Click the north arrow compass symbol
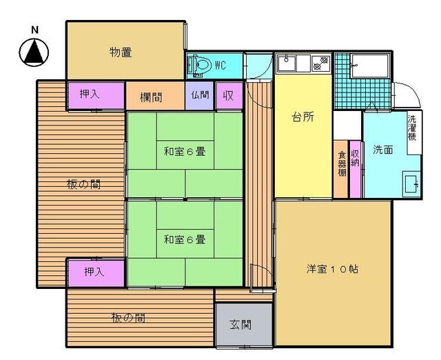[x=34, y=52]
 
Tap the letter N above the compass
[x=34, y=30]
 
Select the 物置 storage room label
[x=121, y=52]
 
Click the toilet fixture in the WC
[x=201, y=66]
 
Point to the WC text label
[x=220, y=66]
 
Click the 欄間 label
[x=151, y=97]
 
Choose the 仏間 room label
[x=200, y=95]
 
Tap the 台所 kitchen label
[x=303, y=117]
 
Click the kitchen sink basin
[x=287, y=63]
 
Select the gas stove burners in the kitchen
[x=321, y=63]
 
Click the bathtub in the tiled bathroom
[x=370, y=66]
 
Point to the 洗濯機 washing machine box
[x=414, y=132]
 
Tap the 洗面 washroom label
[x=383, y=150]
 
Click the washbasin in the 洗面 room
[x=411, y=184]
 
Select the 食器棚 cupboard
[x=341, y=169]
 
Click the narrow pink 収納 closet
[x=356, y=169]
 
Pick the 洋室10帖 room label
[x=332, y=269]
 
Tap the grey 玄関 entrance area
[x=244, y=325]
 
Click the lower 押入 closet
[x=96, y=273]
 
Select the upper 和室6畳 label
[x=185, y=152]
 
